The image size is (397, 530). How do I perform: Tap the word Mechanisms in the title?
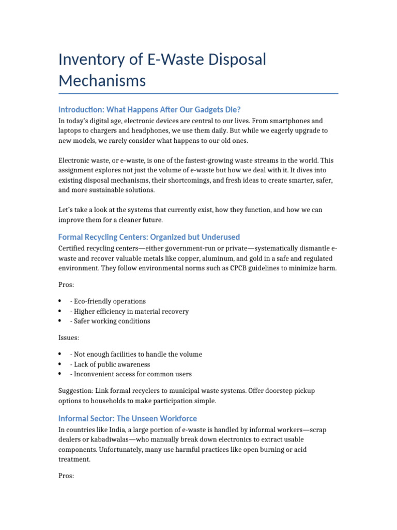click(x=102, y=81)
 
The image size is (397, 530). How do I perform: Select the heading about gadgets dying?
click(x=150, y=110)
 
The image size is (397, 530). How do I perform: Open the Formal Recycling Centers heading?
click(x=149, y=237)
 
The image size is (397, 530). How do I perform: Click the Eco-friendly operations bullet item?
click(x=110, y=301)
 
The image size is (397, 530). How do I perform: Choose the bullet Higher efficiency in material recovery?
click(x=131, y=312)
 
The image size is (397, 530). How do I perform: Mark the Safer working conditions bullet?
click(x=112, y=321)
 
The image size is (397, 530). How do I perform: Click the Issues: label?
click(x=69, y=337)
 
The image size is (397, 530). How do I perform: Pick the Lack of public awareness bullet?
click(x=112, y=364)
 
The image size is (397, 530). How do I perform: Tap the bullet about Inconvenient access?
click(x=132, y=374)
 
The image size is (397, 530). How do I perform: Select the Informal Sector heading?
click(x=128, y=418)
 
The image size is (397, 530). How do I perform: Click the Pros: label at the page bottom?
click(x=67, y=476)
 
